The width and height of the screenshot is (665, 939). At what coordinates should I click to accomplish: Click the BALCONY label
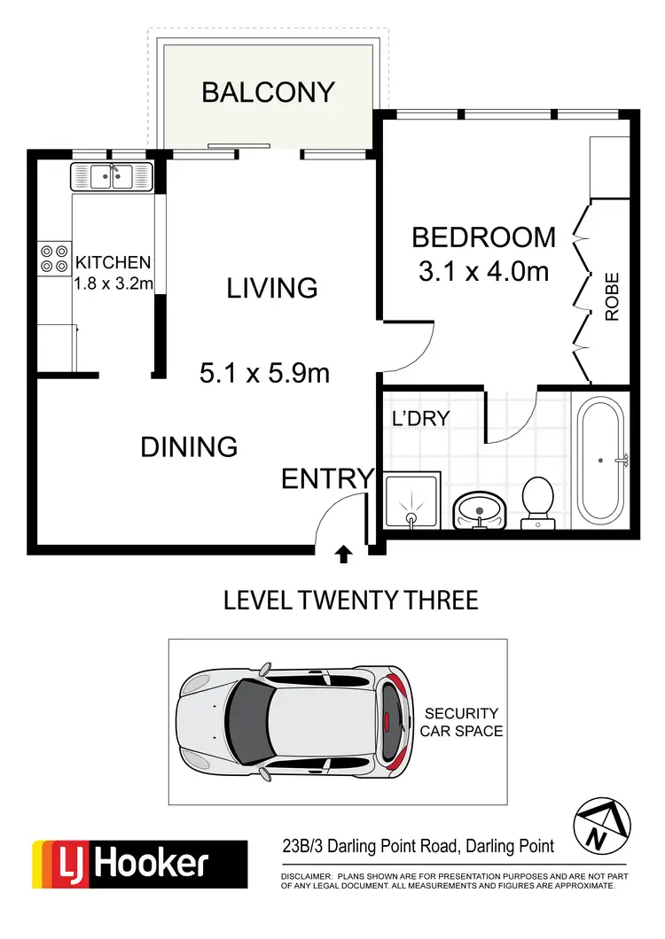tap(268, 92)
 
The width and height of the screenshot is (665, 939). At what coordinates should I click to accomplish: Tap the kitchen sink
tap(112, 177)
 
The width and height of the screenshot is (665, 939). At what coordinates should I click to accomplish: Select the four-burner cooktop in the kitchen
tap(54, 257)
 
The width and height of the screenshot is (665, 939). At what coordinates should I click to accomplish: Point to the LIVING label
tap(271, 288)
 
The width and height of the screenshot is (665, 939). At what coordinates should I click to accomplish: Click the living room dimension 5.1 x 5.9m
tap(264, 374)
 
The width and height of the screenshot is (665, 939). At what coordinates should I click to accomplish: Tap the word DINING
tap(189, 446)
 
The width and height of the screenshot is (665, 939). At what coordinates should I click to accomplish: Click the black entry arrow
tap(343, 555)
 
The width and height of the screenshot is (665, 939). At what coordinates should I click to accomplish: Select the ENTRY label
tap(327, 479)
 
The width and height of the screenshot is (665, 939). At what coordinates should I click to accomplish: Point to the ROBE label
tap(612, 297)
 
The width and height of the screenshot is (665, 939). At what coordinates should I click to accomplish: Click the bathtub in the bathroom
tap(603, 461)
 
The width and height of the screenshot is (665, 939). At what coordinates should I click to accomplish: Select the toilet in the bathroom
tap(537, 501)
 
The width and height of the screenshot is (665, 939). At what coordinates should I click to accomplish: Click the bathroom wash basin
tap(479, 508)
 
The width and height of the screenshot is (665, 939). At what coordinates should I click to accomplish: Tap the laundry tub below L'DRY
tap(411, 502)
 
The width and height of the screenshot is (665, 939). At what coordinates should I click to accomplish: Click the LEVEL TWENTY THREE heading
tap(350, 601)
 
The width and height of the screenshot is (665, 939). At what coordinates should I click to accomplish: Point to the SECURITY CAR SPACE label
tap(462, 722)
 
